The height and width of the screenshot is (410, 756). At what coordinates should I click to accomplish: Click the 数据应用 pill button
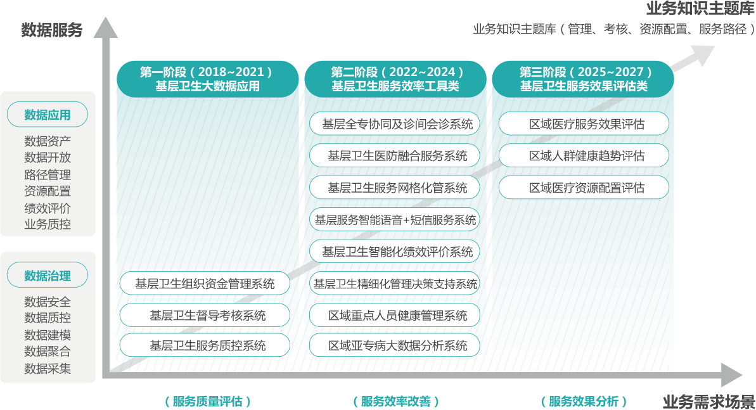48,114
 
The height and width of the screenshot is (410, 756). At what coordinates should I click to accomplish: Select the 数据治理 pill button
48,276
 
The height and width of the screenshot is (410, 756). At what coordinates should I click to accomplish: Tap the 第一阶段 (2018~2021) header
207,79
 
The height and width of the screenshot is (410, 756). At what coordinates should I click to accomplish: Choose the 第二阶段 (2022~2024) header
395,79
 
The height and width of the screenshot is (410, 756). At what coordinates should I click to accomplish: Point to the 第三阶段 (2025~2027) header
583,79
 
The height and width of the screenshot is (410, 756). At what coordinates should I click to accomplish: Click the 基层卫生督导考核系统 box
205,316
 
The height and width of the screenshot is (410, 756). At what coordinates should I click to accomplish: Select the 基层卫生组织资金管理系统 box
205,284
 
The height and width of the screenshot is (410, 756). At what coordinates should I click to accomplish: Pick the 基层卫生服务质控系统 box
205,345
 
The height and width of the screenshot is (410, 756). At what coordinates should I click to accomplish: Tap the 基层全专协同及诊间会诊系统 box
395,124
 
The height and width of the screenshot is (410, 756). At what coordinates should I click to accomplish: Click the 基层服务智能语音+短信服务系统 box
395,220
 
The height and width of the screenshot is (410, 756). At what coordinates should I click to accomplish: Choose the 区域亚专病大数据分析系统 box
395,345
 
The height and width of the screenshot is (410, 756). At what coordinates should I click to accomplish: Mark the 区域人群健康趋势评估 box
584,156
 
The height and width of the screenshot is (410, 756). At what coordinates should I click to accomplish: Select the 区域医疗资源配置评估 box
584,188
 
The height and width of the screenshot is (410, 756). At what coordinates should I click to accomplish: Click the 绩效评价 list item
48,208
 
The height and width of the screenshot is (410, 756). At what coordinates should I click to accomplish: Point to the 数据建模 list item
48,335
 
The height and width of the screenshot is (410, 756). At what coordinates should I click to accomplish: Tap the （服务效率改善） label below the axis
396,401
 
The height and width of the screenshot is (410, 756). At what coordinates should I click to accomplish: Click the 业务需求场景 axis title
708,401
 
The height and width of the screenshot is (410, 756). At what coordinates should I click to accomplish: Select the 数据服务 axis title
51,30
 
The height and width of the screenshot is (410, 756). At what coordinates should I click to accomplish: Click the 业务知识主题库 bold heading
701,8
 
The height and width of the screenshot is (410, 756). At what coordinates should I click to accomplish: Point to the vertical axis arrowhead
106,27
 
